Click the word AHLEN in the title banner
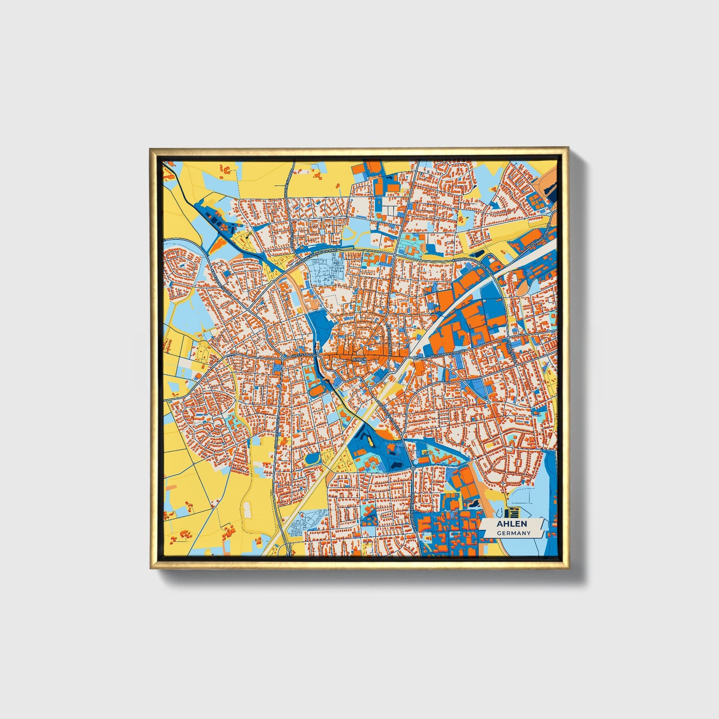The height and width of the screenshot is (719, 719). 511,524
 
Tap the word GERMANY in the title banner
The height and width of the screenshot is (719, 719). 513,533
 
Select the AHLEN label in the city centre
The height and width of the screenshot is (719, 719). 359,359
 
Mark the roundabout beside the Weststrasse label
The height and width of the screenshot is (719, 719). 282,358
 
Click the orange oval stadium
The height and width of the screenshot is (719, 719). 316,390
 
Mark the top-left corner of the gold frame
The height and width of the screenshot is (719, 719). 151,148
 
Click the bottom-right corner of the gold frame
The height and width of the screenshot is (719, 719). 568,568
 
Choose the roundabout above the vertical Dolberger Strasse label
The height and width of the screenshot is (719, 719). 412,468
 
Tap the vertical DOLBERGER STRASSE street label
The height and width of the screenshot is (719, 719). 412,503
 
